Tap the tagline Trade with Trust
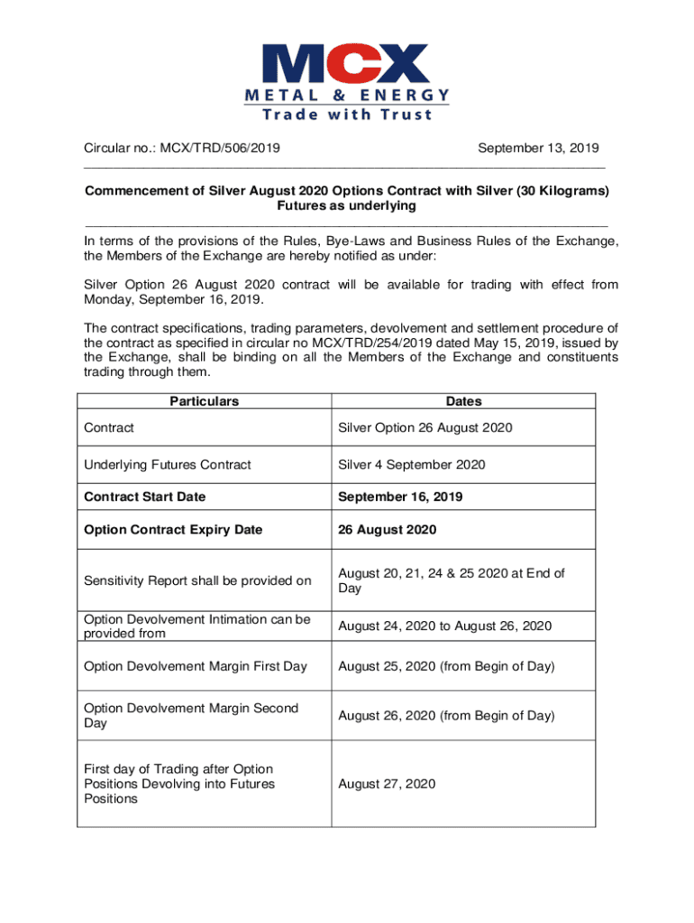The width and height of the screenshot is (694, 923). tap(346, 114)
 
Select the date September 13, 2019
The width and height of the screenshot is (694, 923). tap(538, 148)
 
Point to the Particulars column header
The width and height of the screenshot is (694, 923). tap(205, 401)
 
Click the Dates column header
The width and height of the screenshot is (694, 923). tap(463, 401)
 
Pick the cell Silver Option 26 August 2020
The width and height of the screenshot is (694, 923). tap(425, 427)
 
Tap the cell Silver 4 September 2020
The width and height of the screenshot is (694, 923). tap(412, 464)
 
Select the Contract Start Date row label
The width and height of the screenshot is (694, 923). tap(144, 497)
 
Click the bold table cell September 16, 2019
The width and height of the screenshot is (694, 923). tap(401, 497)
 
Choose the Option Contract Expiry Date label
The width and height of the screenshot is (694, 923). tap(173, 529)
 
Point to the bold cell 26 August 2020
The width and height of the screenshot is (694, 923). tap(388, 529)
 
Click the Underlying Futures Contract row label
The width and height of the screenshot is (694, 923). tap(168, 464)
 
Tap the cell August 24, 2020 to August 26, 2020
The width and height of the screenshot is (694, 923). tap(445, 626)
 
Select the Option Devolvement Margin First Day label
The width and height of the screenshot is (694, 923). tap(196, 666)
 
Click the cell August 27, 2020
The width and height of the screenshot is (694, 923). tap(387, 784)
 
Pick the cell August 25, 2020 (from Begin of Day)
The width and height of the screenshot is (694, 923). tap(446, 666)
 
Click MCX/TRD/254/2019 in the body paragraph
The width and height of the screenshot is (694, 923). tap(415, 343)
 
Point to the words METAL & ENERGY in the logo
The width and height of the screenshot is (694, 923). tap(346, 95)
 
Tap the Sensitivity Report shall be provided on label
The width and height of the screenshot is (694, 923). tap(197, 580)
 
